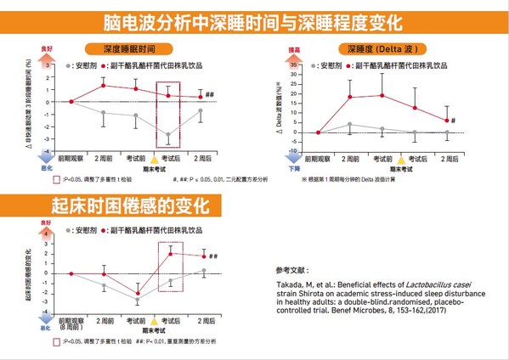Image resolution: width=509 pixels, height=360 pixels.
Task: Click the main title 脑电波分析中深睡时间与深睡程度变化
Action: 254,20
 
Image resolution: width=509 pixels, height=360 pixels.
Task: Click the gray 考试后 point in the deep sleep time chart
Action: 168,135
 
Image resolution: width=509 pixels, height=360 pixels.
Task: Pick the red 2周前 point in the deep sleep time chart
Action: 103,85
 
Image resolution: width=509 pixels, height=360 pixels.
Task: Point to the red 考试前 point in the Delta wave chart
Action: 382,95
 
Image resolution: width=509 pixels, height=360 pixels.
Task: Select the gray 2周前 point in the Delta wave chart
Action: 350,125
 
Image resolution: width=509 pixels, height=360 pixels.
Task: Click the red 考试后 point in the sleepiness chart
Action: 171,254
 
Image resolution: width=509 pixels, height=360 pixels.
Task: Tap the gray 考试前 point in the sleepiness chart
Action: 138,301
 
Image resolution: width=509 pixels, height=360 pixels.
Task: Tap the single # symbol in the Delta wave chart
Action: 454,121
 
